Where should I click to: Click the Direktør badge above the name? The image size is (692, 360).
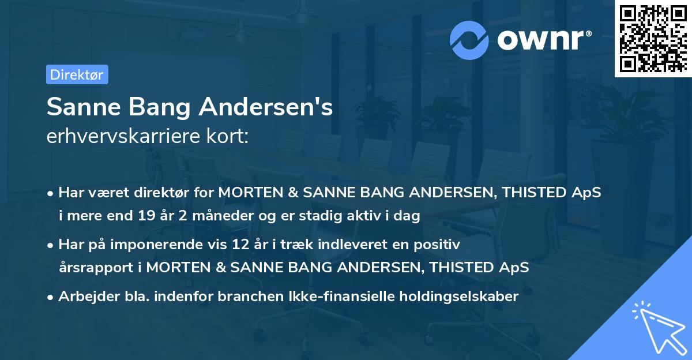(x=77, y=74)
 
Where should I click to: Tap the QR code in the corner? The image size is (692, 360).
(x=653, y=39)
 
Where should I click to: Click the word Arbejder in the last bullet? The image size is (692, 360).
(x=85, y=297)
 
